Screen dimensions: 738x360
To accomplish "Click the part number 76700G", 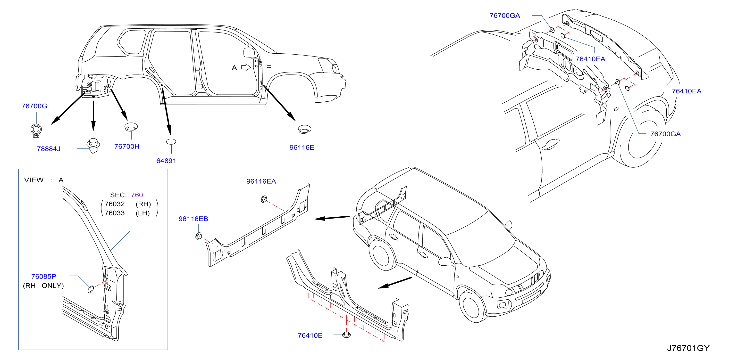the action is click(x=34, y=106).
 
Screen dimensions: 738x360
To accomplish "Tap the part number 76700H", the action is click(x=127, y=146).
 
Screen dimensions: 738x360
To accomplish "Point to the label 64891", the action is click(x=166, y=161).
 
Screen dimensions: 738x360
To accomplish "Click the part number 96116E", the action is click(x=302, y=147).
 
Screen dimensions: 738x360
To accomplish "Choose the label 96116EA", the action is click(x=261, y=181).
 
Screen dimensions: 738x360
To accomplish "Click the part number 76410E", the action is click(x=310, y=335).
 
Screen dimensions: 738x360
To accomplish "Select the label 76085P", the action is click(x=43, y=276).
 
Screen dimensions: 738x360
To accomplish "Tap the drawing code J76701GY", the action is click(x=688, y=348).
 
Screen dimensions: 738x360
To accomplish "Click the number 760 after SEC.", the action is click(x=137, y=195).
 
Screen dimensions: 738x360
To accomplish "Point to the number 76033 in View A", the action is click(x=115, y=213).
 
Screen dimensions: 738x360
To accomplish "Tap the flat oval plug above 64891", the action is click(x=171, y=141).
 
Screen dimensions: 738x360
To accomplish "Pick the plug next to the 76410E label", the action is click(x=347, y=335).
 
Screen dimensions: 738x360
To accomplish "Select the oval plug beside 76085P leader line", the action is click(x=91, y=289).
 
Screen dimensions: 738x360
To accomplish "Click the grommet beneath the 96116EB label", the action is click(x=199, y=236).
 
